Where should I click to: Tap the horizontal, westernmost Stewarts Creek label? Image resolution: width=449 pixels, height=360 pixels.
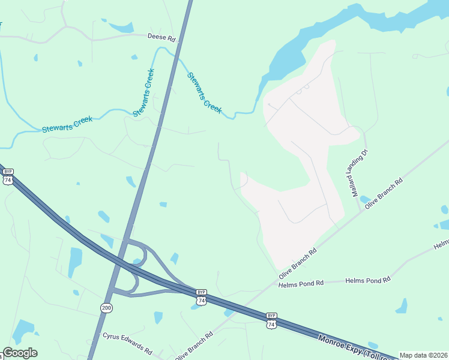click(x=67, y=124)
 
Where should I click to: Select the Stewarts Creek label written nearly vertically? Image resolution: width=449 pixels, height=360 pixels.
click(x=143, y=92)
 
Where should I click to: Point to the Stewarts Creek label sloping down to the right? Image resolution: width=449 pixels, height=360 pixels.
click(x=204, y=93)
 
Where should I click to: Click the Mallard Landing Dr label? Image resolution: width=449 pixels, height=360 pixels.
click(x=360, y=173)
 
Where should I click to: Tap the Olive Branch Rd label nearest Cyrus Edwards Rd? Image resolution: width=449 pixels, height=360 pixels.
click(x=194, y=346)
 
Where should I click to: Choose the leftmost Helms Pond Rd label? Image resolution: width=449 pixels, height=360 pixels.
click(x=301, y=283)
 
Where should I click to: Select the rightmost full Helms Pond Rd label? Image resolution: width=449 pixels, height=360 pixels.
click(x=368, y=279)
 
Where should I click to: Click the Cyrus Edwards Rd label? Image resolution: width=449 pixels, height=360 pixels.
click(x=127, y=343)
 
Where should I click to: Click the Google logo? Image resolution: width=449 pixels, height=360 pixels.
click(x=20, y=353)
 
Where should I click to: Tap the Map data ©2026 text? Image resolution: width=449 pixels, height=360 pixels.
click(x=423, y=355)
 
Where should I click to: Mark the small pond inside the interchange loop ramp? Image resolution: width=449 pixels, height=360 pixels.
click(x=137, y=262)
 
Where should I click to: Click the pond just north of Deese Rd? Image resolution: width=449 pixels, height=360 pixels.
click(x=122, y=26)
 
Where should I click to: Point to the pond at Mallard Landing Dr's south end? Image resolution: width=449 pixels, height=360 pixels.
click(x=364, y=200)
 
